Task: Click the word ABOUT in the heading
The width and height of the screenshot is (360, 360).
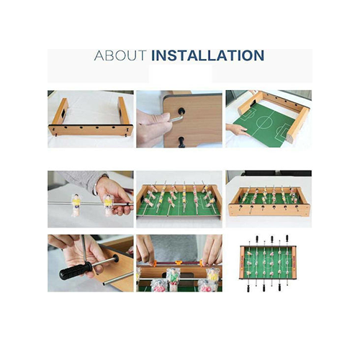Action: (120, 55)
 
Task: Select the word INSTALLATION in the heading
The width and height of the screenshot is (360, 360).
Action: (208, 55)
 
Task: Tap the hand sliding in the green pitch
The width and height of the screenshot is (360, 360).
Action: (237, 130)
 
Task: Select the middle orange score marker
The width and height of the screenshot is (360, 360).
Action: (178, 263)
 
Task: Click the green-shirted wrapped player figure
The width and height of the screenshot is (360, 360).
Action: (174, 279)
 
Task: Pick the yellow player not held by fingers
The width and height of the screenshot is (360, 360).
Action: (76, 204)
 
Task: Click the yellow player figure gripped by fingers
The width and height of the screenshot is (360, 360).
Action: (108, 204)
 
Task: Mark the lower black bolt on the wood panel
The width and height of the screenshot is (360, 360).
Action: (182, 141)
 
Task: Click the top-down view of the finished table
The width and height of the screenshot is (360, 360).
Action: (268, 263)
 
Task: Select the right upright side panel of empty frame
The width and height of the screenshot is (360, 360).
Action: (123, 110)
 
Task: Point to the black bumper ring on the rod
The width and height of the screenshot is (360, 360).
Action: (116, 258)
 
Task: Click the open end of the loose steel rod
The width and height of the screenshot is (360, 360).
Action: (104, 284)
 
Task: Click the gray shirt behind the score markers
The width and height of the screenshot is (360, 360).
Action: (179, 248)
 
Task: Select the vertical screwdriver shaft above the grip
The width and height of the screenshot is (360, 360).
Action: (84, 248)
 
